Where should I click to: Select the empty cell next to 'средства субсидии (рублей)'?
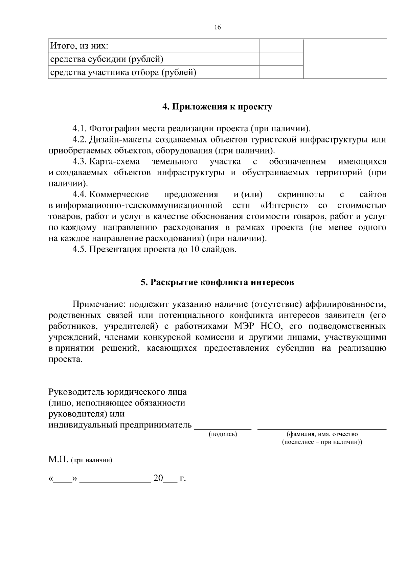(x=281, y=59)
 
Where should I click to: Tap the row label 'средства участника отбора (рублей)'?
(x=123, y=72)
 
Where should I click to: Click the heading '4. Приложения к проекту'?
(x=217, y=107)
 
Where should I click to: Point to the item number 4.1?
(x=80, y=129)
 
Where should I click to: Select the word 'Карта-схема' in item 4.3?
(x=115, y=162)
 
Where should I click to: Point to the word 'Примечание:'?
(x=99, y=304)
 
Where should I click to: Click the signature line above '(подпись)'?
(x=223, y=428)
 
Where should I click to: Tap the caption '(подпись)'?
(x=223, y=434)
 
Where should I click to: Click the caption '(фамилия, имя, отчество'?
(x=322, y=434)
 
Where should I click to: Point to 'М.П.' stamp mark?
(x=59, y=460)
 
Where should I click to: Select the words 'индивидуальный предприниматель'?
(x=120, y=425)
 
